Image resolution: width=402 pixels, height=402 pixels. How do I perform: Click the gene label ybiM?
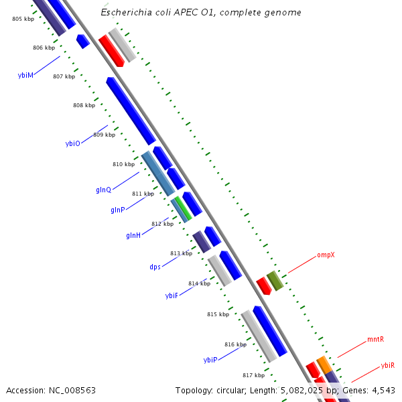25,76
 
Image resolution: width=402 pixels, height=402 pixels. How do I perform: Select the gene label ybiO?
72,143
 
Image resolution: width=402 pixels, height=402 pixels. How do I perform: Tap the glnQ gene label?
103,190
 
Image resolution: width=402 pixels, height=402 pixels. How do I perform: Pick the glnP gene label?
118,210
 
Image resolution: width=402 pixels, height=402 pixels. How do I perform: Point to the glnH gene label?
133,236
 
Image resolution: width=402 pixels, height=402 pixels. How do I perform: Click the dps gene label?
155,267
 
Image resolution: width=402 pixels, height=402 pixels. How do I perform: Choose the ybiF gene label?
172,295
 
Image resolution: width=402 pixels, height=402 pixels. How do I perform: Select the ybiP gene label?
210,360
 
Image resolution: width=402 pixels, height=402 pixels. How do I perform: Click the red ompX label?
326,255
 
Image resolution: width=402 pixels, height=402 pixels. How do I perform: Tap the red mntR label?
375,340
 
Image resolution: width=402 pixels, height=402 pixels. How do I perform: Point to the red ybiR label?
387,366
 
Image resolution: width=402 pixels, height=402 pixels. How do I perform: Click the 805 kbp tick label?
23,19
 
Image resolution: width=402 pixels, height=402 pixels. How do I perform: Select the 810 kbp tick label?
123,164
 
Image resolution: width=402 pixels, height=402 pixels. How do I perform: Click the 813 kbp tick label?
181,253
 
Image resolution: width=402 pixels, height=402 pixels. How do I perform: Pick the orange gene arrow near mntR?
324,365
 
